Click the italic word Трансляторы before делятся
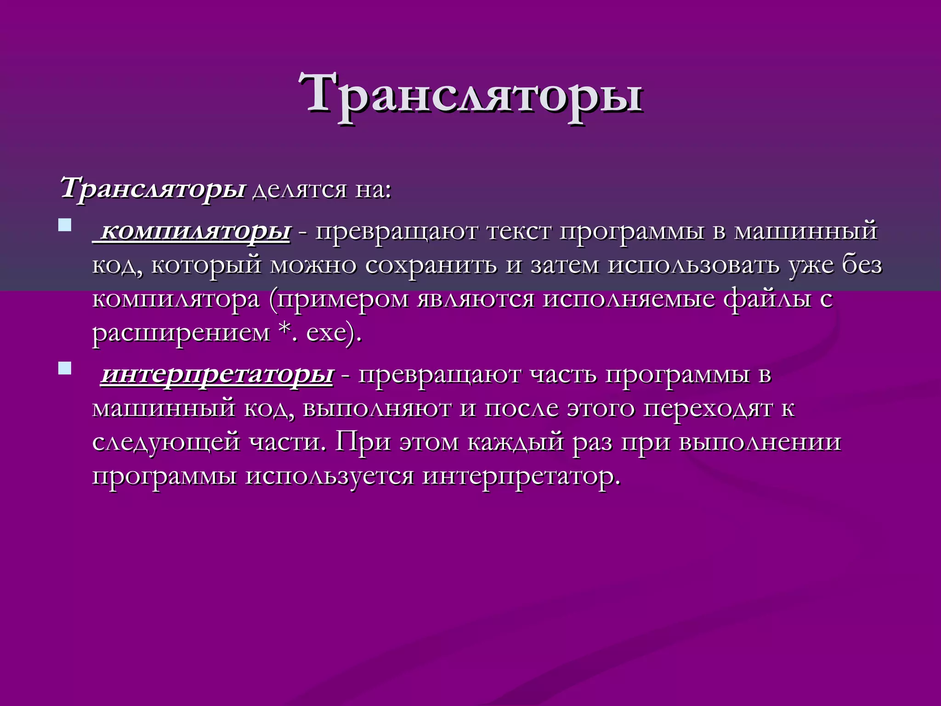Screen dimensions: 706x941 point(153,188)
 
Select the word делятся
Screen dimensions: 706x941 point(299,189)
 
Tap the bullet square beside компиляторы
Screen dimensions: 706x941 point(65,225)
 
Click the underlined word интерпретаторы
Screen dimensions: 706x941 point(217,374)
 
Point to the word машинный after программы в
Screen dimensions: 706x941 point(806,231)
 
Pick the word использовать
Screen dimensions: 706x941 point(693,265)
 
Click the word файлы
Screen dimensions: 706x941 point(767,299)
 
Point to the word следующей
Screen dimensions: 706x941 point(166,443)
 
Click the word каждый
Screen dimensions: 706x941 point(516,443)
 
